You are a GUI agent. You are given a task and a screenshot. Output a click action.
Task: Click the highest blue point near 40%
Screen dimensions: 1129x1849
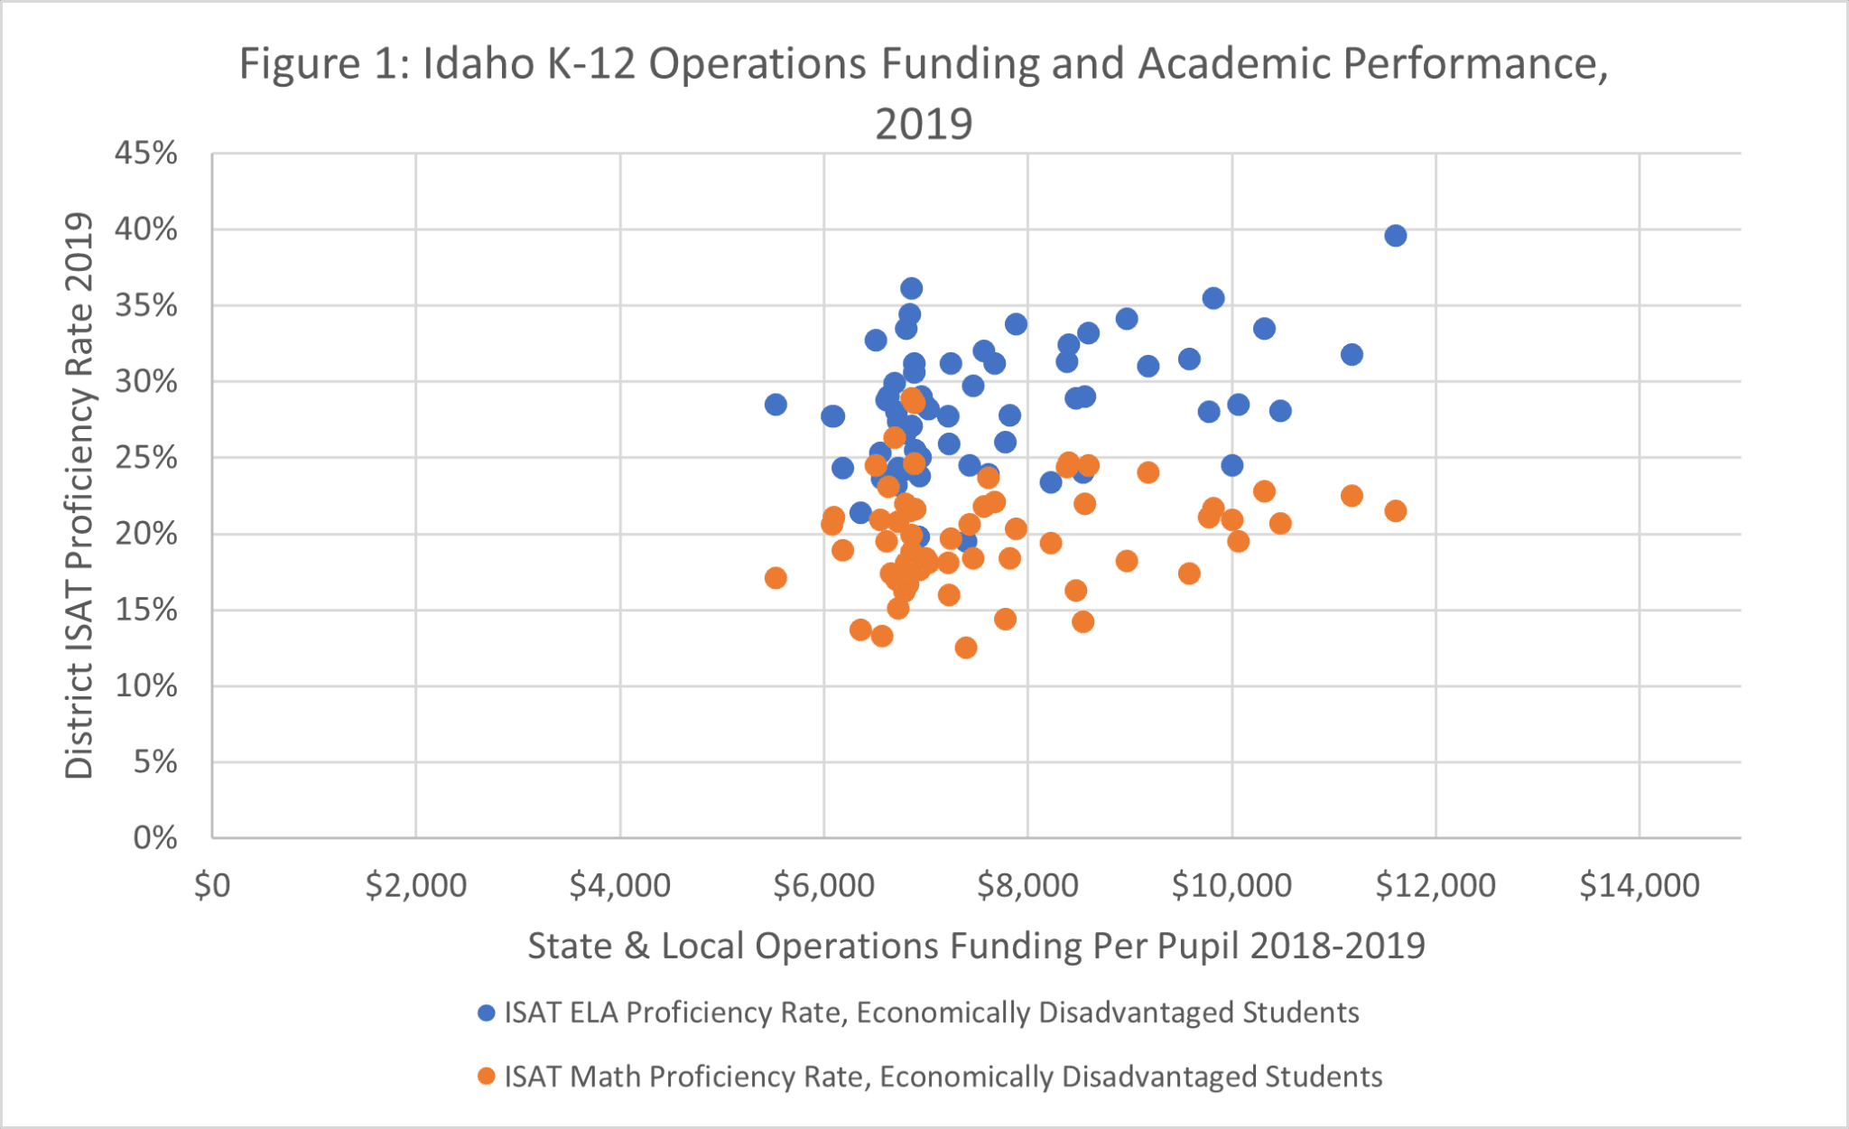click(x=1395, y=236)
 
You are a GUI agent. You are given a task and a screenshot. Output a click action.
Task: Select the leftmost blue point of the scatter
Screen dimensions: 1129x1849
click(x=776, y=405)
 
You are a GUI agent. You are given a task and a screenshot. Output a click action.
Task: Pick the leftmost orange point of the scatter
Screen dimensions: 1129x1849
click(x=776, y=578)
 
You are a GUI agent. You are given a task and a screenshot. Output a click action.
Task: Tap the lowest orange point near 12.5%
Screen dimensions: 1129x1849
click(x=966, y=648)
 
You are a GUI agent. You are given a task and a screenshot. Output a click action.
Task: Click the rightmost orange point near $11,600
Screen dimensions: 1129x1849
click(x=1395, y=511)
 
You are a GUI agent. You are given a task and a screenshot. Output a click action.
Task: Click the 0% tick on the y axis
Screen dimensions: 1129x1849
click(x=155, y=838)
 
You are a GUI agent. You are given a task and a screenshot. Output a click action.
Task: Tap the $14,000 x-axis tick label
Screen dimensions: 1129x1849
click(x=1639, y=886)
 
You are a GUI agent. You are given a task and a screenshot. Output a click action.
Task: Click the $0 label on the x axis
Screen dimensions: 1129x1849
click(x=212, y=886)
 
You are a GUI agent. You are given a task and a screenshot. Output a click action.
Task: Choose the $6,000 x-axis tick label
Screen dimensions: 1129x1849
click(x=823, y=886)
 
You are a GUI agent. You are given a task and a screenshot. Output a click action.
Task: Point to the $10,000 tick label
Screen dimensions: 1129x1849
click(x=1231, y=886)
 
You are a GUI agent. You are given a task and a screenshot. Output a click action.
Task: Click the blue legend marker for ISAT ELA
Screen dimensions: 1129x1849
click(x=487, y=1012)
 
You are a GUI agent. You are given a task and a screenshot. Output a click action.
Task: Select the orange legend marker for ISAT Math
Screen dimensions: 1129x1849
click(x=487, y=1077)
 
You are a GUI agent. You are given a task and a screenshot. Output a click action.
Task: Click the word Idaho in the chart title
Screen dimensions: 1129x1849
click(x=479, y=65)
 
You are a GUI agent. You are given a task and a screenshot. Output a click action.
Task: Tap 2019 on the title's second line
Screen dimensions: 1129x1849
click(x=924, y=125)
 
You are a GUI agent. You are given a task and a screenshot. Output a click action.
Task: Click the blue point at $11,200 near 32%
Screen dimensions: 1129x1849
click(x=1352, y=355)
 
